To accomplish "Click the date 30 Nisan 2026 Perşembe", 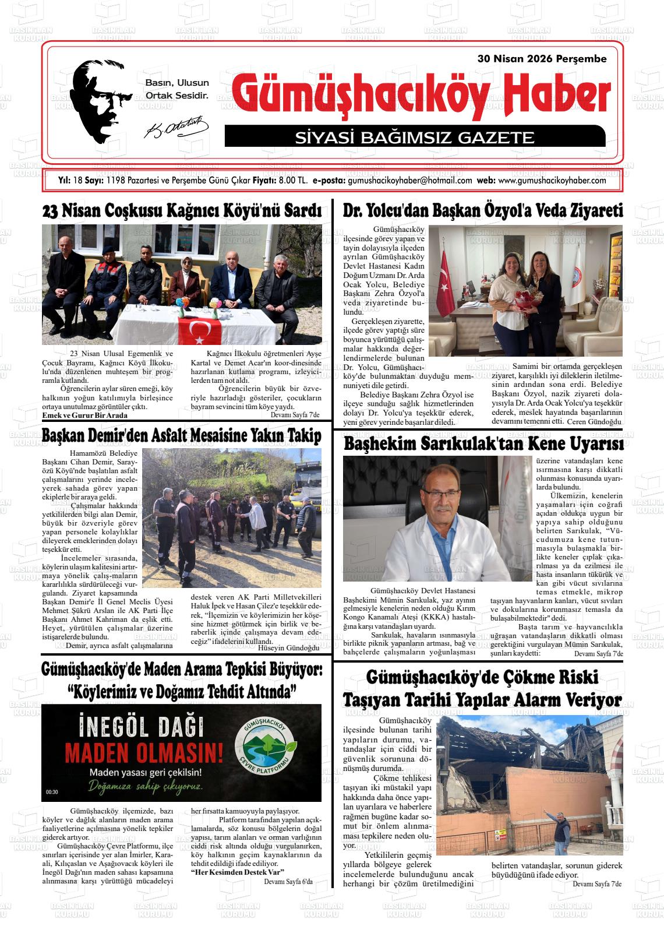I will point(542,59).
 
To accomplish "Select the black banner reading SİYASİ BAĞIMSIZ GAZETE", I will point(414,138).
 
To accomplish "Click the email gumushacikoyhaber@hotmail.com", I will point(409,181).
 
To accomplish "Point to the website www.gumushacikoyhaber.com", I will point(552,181).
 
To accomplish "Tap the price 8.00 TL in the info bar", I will point(293,181).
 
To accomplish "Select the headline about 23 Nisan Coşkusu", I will point(182,211).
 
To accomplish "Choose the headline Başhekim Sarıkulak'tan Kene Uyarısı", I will point(483,444).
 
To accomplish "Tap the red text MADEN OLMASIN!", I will point(143,752).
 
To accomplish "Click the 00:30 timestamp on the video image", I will point(52,792).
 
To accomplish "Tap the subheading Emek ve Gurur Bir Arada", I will point(85,416).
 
